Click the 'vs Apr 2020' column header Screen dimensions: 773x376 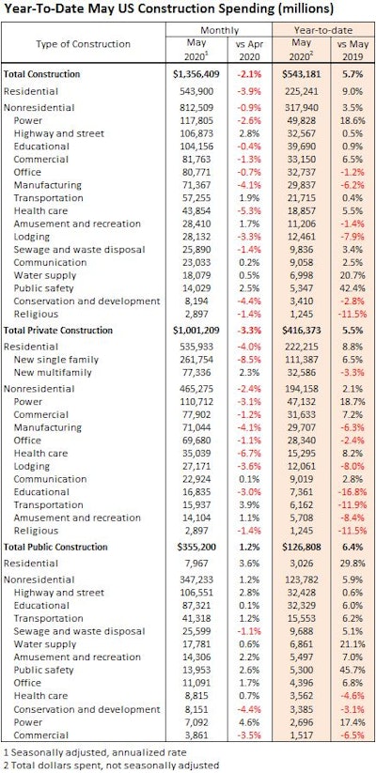244,50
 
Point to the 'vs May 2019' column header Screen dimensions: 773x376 351,50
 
